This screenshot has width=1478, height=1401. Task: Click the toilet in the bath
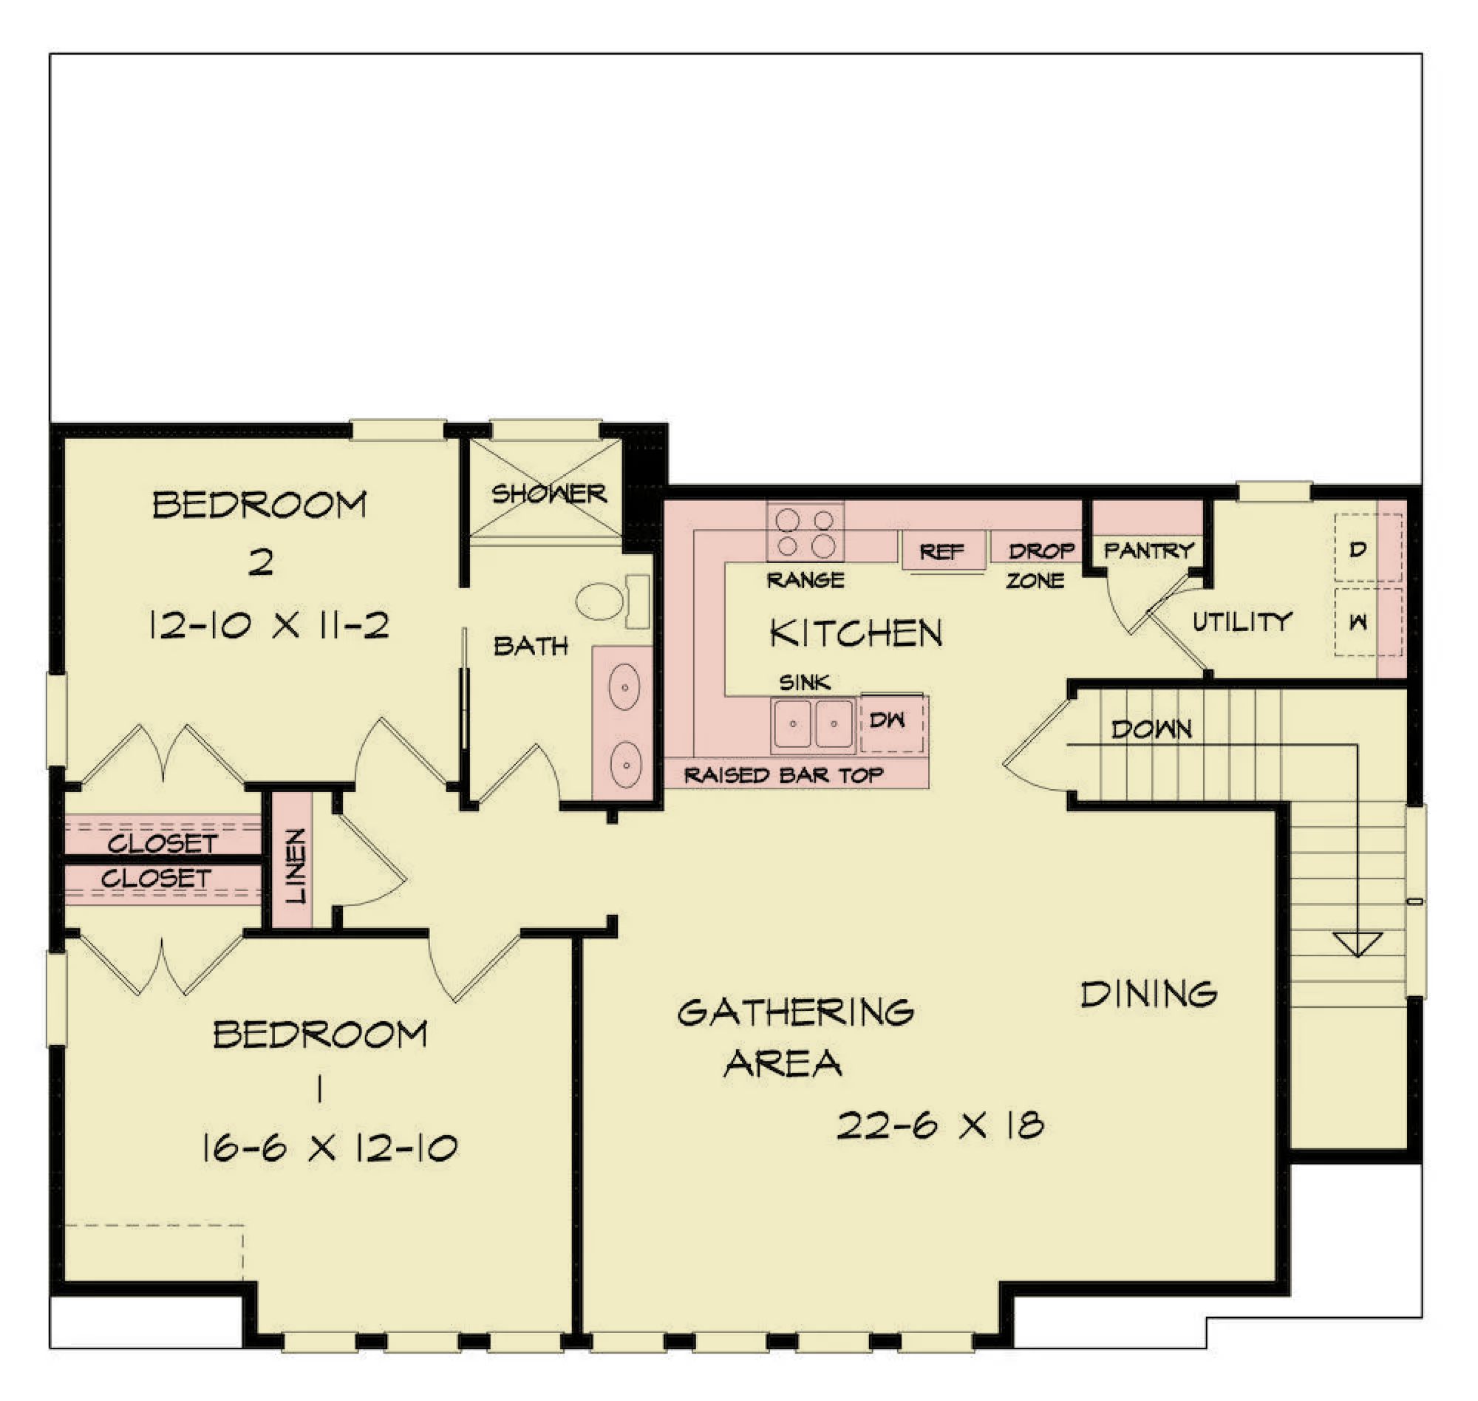click(613, 601)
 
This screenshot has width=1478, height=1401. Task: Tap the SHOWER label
click(549, 494)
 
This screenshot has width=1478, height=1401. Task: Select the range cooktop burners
click(805, 532)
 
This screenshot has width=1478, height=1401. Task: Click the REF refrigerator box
click(942, 551)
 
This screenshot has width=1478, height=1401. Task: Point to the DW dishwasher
click(892, 722)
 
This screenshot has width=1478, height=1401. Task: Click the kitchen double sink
click(813, 723)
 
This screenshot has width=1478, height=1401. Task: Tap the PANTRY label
click(1148, 550)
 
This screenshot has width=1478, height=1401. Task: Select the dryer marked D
click(1367, 549)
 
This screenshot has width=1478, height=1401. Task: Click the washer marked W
click(1367, 621)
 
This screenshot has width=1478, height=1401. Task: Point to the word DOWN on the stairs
click(1151, 728)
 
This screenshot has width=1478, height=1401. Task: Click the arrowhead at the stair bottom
click(1358, 944)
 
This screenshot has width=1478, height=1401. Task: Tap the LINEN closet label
click(296, 865)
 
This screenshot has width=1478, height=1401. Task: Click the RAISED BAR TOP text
click(783, 775)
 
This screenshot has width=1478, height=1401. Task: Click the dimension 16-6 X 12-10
click(329, 1148)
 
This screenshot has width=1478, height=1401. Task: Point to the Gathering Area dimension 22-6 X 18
click(940, 1125)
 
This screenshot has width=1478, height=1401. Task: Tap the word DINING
click(1148, 994)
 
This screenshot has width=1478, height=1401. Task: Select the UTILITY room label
click(1242, 621)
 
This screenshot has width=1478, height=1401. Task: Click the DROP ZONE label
click(1038, 565)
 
